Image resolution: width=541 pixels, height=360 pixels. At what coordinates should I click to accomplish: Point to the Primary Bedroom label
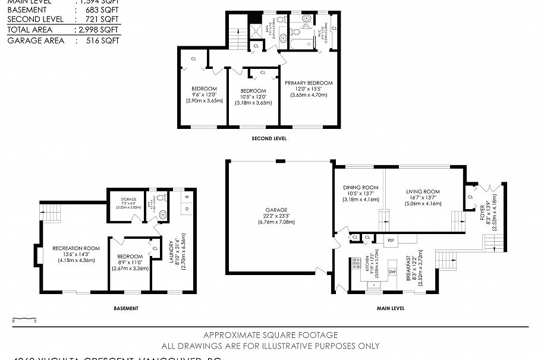pyautogui.click(x=309, y=83)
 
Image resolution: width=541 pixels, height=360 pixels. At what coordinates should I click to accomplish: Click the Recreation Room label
pyautogui.click(x=76, y=248)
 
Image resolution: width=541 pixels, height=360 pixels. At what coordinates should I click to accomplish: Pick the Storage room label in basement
pyautogui.click(x=129, y=200)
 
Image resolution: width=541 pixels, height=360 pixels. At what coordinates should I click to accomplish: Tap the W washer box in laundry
pyautogui.click(x=187, y=196)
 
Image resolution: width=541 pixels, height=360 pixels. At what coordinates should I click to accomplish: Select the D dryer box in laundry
pyautogui.click(x=187, y=209)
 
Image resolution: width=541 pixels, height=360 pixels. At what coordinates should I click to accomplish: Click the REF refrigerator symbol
pyautogui.click(x=391, y=240)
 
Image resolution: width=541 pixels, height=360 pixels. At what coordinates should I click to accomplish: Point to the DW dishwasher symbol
pyautogui.click(x=392, y=271)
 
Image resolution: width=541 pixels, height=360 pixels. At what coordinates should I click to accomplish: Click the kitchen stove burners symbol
pyautogui.click(x=357, y=263)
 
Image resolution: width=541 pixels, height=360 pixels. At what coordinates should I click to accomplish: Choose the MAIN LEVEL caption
pyautogui.click(x=390, y=308)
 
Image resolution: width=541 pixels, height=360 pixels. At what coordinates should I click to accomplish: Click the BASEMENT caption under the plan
pyautogui.click(x=126, y=308)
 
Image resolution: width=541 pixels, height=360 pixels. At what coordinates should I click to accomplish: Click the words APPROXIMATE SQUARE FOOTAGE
pyautogui.click(x=270, y=335)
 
